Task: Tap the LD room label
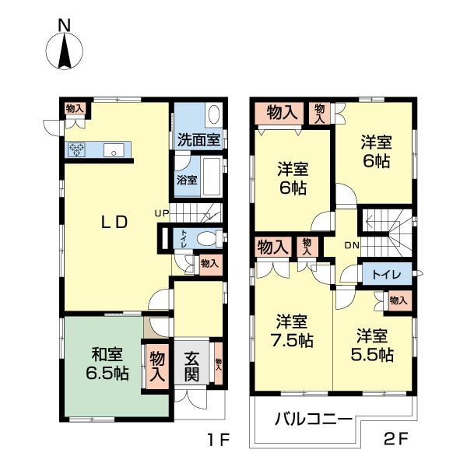(x=114, y=222)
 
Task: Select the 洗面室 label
(x=198, y=139)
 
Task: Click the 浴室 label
(x=187, y=180)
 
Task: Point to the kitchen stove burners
(x=77, y=149)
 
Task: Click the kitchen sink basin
(x=114, y=149)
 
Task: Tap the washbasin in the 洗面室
(x=214, y=114)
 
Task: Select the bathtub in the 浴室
(x=212, y=177)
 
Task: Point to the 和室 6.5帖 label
(x=107, y=363)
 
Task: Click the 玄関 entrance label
(x=191, y=366)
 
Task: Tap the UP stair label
(x=162, y=213)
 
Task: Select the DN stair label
(x=352, y=245)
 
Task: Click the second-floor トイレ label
(x=387, y=275)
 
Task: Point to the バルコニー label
(x=314, y=420)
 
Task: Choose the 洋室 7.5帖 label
(x=292, y=331)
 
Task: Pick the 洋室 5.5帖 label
(x=372, y=345)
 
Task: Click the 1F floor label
(x=218, y=439)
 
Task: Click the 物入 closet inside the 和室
(x=157, y=366)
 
